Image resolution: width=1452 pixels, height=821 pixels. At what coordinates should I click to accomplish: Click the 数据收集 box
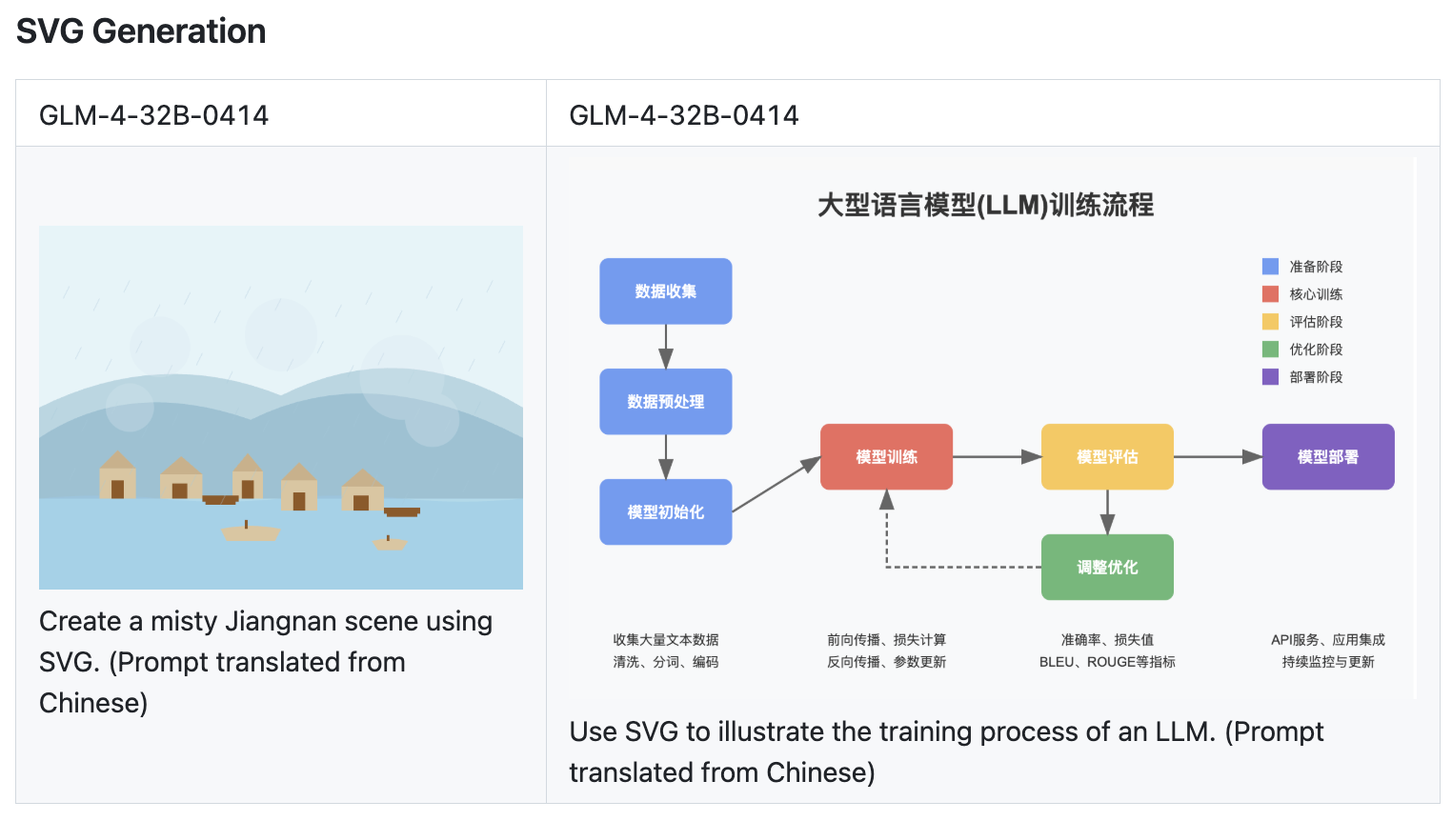(x=665, y=291)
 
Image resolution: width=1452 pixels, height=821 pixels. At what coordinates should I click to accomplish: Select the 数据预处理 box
(x=665, y=402)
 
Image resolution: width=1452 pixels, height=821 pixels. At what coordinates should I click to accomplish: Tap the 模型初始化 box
(x=665, y=512)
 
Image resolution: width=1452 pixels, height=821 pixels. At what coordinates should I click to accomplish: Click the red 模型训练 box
(x=886, y=457)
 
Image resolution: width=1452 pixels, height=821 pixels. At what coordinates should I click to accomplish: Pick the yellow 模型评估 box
(x=1107, y=457)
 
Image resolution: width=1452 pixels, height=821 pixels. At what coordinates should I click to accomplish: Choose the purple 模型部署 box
(x=1327, y=457)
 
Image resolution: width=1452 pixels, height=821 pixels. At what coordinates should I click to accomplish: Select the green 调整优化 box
(x=1107, y=568)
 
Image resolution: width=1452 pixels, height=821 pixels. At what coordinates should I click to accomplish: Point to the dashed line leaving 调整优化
(x=962, y=568)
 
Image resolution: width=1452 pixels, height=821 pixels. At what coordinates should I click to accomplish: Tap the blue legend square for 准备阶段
(x=1270, y=267)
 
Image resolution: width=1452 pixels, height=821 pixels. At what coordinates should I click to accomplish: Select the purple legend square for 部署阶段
(x=1270, y=377)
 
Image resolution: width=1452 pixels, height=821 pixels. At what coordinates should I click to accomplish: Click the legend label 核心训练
(x=1316, y=294)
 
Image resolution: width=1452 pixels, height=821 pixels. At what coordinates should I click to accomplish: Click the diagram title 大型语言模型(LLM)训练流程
(x=985, y=205)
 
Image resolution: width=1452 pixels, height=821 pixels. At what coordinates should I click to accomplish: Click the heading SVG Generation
(x=141, y=31)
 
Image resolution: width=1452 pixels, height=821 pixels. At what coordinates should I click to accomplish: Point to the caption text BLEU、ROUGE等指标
(x=1107, y=662)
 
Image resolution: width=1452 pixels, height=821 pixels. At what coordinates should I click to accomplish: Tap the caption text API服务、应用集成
(x=1327, y=640)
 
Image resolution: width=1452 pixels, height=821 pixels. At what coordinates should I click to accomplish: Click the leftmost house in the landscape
(x=117, y=476)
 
